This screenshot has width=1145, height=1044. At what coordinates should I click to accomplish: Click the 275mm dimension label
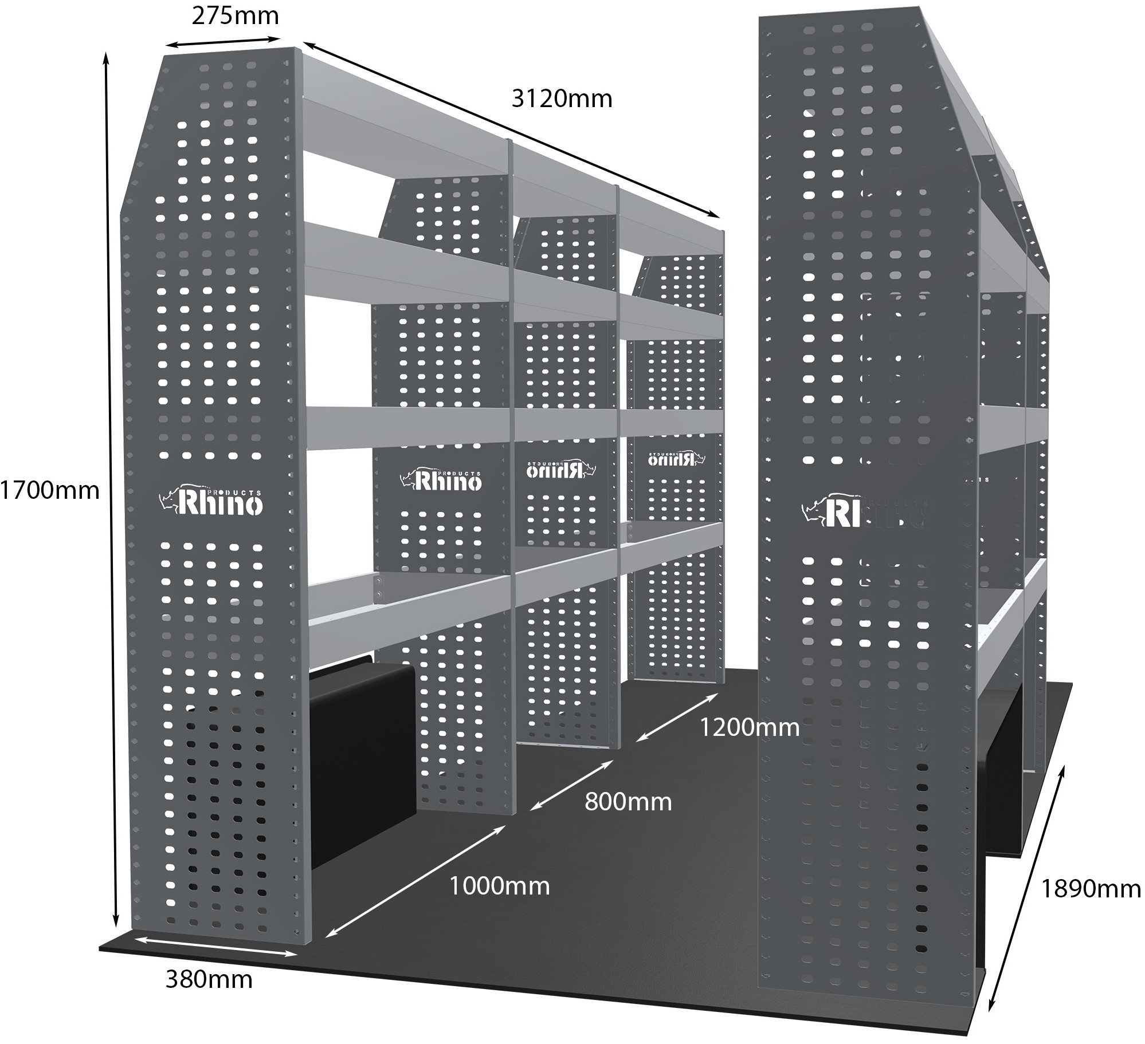pyautogui.click(x=235, y=16)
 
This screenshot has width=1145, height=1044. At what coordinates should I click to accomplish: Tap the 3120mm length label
pyautogui.click(x=562, y=99)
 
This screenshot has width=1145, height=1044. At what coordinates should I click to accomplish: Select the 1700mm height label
pyautogui.click(x=50, y=491)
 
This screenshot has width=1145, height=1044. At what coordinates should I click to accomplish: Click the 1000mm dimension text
pyautogui.click(x=499, y=886)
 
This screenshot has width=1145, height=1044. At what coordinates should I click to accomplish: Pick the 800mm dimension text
pyautogui.click(x=628, y=802)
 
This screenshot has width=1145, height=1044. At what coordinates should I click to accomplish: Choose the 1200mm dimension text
pyautogui.click(x=750, y=727)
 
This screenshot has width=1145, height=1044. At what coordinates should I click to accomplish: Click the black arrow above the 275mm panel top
pyautogui.click(x=223, y=43)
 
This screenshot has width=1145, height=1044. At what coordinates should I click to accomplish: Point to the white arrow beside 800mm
pyautogui.click(x=571, y=785)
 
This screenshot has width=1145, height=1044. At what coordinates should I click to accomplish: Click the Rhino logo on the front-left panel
pyautogui.click(x=211, y=502)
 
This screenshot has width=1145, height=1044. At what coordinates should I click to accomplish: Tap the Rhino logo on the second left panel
pyautogui.click(x=441, y=480)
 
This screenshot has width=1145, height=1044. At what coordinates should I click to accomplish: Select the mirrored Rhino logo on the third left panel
pyautogui.click(x=562, y=468)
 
